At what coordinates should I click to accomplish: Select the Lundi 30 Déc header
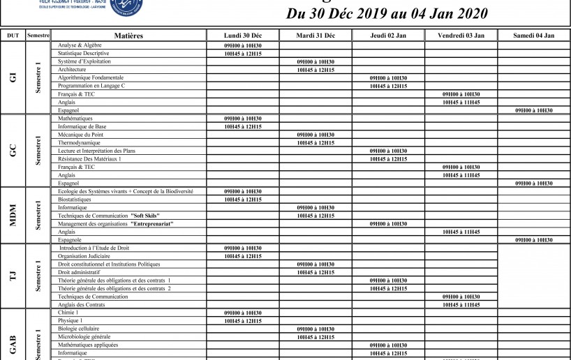point(243,35)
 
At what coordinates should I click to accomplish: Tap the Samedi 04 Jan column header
point(533,35)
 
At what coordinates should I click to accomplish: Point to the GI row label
point(13,77)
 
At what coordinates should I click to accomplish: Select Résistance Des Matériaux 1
point(90,159)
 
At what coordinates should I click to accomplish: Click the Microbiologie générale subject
point(84,337)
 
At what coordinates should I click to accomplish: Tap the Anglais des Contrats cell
point(83,304)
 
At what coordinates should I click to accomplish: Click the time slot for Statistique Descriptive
point(243,54)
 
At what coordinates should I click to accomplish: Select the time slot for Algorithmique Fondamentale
point(388,78)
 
